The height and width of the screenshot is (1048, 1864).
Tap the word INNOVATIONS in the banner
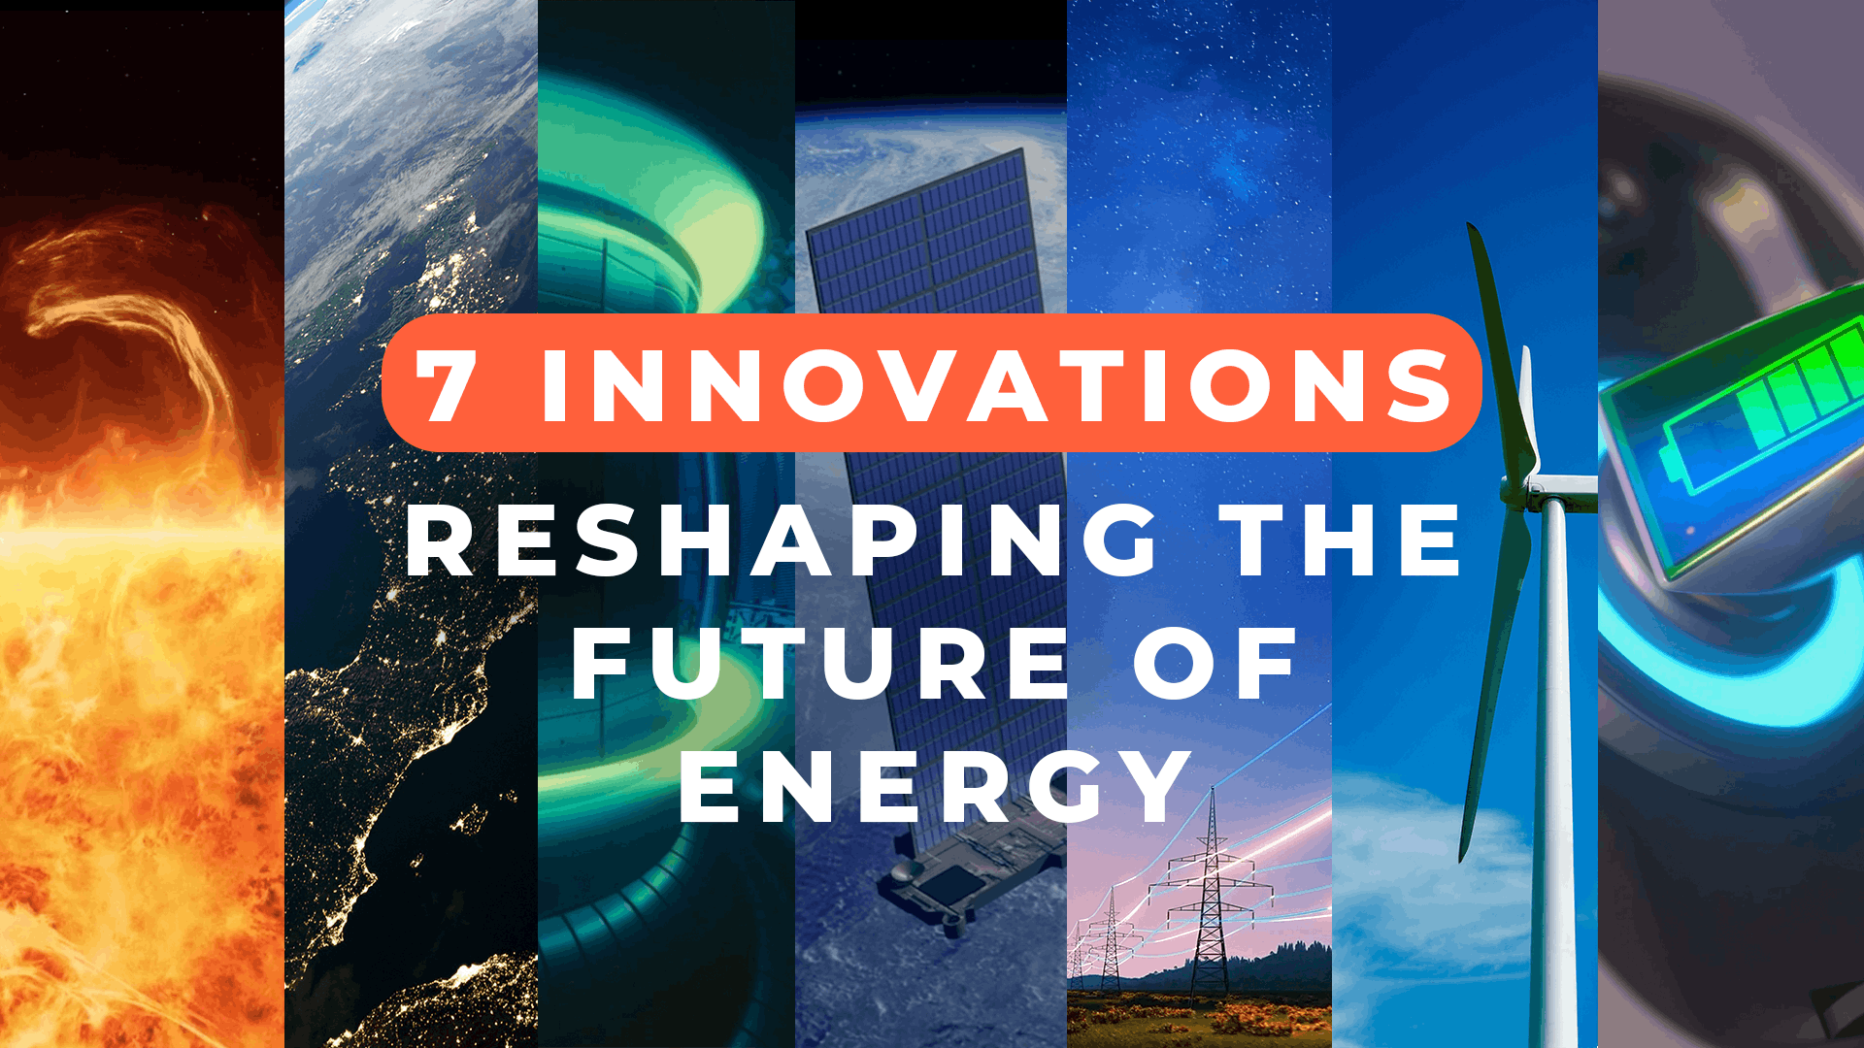click(997, 384)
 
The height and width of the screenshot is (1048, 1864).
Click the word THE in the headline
click(1341, 540)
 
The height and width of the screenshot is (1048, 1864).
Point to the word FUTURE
click(821, 664)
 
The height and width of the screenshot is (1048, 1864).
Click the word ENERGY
click(935, 787)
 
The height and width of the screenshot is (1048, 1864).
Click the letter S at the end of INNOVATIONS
click(1419, 384)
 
